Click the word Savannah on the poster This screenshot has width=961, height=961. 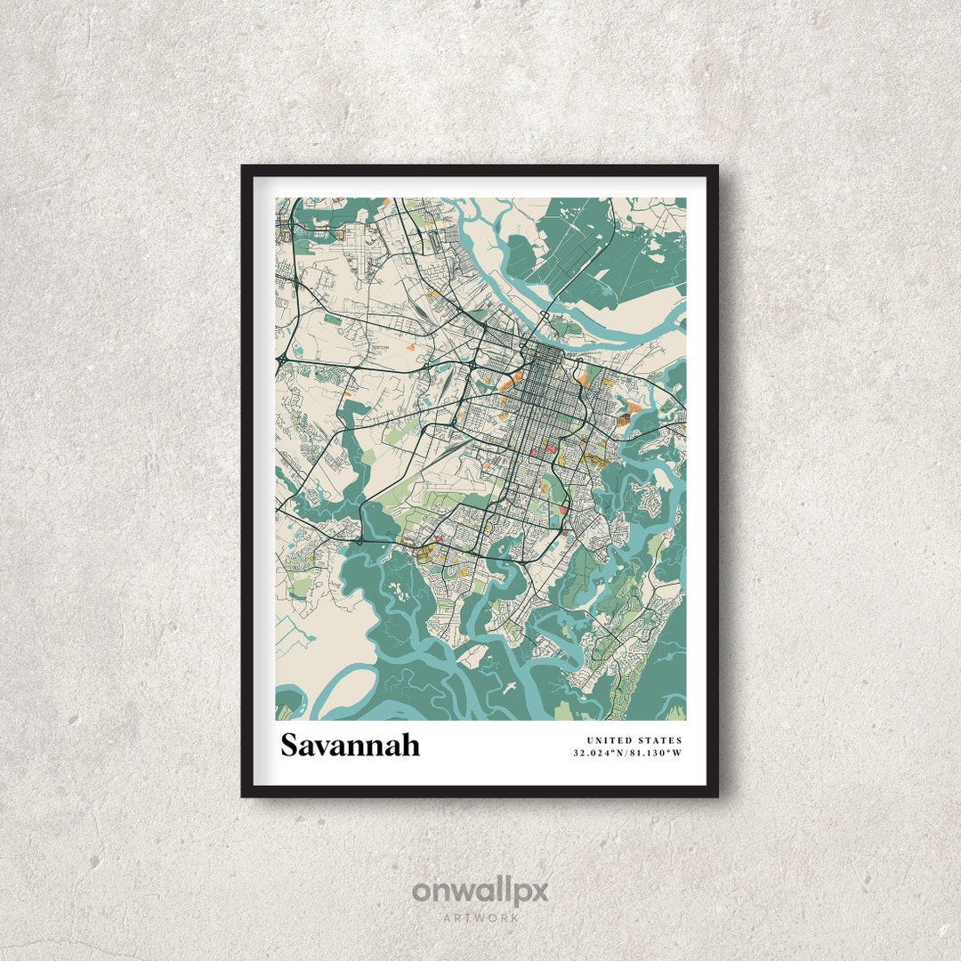click(x=350, y=745)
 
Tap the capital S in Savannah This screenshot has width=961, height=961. click(x=290, y=745)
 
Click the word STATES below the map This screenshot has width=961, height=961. click(x=660, y=740)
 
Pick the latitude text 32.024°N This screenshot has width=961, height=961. click(x=600, y=754)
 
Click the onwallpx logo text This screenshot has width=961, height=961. click(x=480, y=890)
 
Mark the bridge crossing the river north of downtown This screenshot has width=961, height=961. click(x=544, y=316)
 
